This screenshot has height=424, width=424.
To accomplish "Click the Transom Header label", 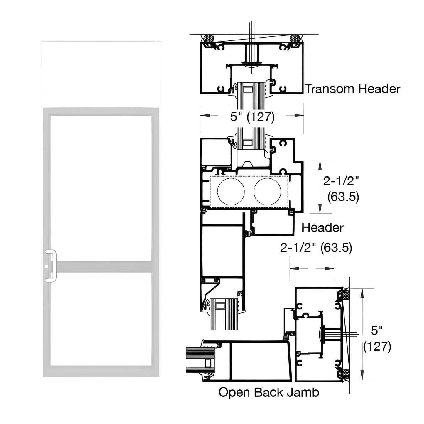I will tap(353, 89).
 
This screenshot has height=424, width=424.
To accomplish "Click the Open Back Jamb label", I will tap(269, 392).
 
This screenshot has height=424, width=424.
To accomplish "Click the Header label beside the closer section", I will tap(322, 228).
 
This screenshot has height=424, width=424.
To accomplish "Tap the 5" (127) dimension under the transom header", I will tap(252, 117).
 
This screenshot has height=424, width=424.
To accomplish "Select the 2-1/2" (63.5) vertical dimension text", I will tap(341, 189).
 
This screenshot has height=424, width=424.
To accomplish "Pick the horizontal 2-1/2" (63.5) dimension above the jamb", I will tap(316, 248).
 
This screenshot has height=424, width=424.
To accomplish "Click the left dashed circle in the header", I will tap(231, 191).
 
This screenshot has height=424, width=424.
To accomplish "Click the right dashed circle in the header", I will tap(267, 191).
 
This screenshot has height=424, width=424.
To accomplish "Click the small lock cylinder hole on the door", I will tap(46, 267).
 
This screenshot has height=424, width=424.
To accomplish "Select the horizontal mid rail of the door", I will tap(104, 267).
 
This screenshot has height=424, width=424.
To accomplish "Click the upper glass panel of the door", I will tap(101, 188).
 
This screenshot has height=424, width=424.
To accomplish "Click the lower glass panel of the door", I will tap(101, 319).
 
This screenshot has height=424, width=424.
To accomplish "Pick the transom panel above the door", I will tap(101, 74).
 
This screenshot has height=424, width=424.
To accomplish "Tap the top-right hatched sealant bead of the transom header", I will tap(294, 38).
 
